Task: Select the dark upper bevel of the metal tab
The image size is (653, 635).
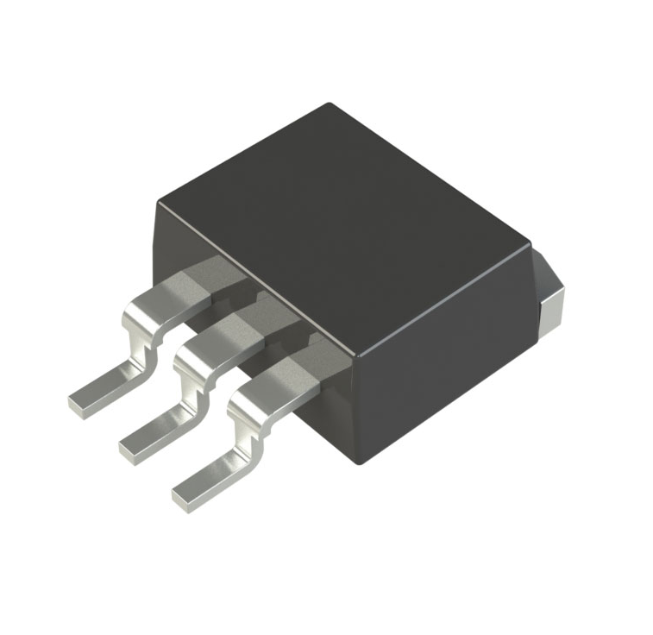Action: click(547, 267)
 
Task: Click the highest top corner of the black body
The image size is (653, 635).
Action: click(329, 104)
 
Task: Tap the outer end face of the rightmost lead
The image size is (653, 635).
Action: click(184, 500)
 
